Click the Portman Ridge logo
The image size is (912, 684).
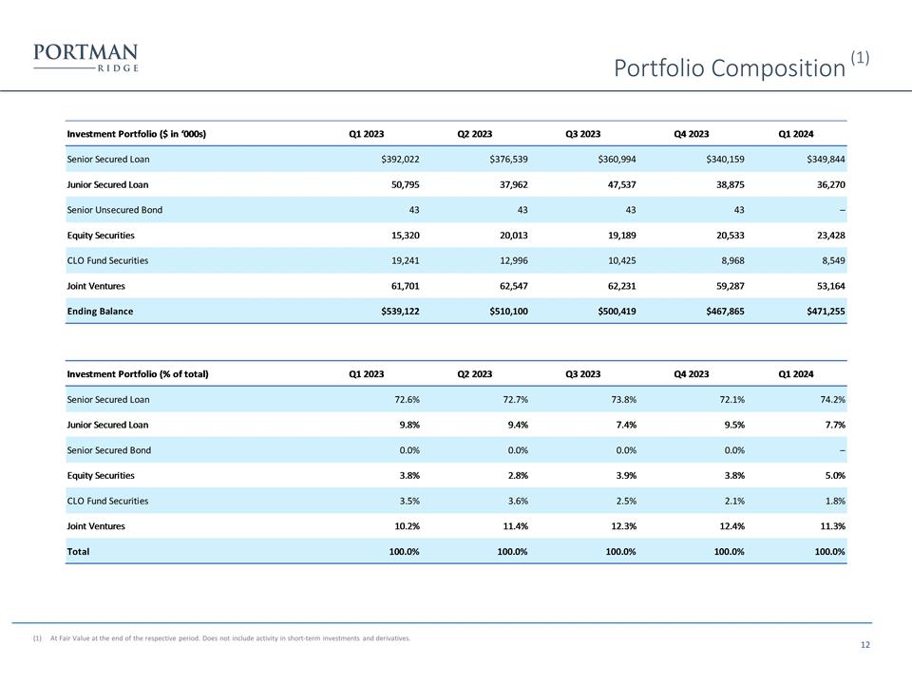[x=85, y=57]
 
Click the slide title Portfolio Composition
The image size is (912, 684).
[x=729, y=68]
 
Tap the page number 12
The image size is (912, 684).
[x=864, y=646]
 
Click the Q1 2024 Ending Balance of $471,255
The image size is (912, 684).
[x=821, y=311]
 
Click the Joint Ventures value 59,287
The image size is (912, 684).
[x=724, y=285]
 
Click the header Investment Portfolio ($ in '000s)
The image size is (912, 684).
[x=137, y=134]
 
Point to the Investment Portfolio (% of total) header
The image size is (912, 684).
[x=137, y=374]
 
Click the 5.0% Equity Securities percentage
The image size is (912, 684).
[x=831, y=475]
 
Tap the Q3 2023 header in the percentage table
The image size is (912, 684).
[x=582, y=374]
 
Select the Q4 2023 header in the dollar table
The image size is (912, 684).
[x=691, y=134]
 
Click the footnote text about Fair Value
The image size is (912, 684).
[x=229, y=638]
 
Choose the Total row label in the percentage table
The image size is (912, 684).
[x=78, y=551]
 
